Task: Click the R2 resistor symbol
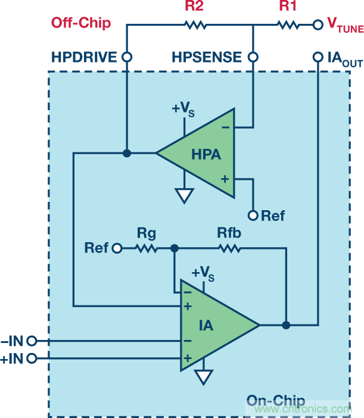click(x=195, y=25)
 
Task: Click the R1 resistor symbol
click(x=287, y=25)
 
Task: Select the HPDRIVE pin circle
click(x=126, y=58)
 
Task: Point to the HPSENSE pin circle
click(x=253, y=58)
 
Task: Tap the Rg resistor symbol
click(x=147, y=248)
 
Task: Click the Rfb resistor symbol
click(x=229, y=248)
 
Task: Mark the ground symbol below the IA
click(x=204, y=377)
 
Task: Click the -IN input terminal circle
click(x=32, y=341)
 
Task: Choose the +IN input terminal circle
click(x=32, y=358)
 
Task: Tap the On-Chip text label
click(x=276, y=401)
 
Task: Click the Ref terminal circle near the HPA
click(x=253, y=215)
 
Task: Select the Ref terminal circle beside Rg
click(x=117, y=248)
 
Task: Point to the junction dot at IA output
click(x=286, y=325)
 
